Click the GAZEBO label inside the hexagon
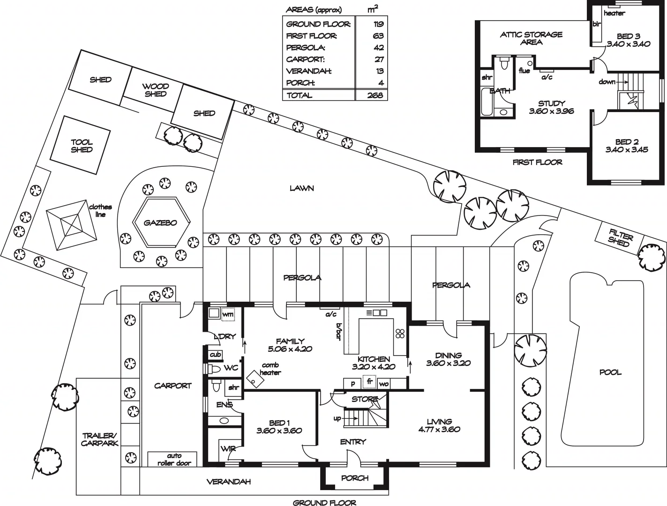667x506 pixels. click(160, 223)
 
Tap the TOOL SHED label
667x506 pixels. click(82, 146)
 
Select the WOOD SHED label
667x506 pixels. click(156, 90)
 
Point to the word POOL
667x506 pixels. click(610, 372)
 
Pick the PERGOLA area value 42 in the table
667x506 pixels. click(379, 47)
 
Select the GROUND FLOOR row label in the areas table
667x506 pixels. click(311, 24)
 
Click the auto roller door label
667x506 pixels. click(174, 459)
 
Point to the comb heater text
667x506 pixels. click(270, 369)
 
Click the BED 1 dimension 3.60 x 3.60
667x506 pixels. click(279, 431)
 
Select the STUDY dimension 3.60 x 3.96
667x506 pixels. click(551, 112)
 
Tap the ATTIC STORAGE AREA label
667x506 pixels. click(531, 38)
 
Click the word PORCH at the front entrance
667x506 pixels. click(354, 478)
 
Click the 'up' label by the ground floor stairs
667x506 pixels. click(337, 418)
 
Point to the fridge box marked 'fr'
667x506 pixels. click(369, 382)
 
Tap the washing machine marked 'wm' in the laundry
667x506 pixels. click(227, 314)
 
